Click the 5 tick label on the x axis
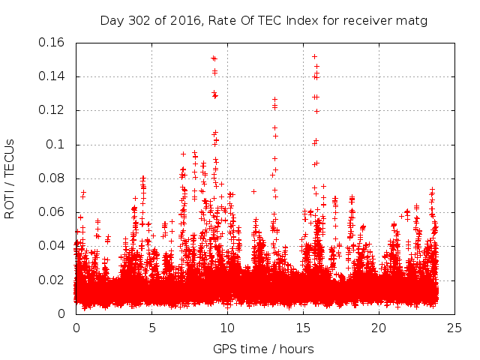(151, 328)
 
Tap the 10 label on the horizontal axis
(227, 328)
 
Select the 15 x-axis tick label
(303, 328)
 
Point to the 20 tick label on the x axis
(379, 328)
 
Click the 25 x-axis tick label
(454, 328)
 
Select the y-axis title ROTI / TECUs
(10, 178)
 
